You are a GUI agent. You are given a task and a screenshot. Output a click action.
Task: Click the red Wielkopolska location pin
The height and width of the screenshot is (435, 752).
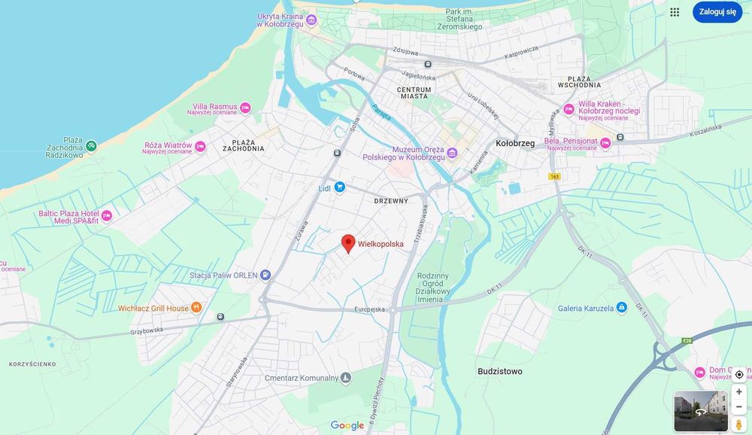tap(348, 243)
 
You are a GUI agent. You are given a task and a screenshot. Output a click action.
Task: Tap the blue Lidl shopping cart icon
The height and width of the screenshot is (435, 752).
tap(339, 187)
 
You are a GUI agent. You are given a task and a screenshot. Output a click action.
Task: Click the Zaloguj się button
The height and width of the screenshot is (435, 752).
tap(717, 12)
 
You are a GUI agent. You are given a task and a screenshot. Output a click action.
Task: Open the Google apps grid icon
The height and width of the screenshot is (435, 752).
tap(675, 12)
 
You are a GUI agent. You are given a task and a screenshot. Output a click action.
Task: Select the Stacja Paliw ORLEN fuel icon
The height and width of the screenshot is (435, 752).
tap(265, 275)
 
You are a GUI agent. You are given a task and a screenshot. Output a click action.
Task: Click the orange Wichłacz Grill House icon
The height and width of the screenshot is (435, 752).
tap(196, 307)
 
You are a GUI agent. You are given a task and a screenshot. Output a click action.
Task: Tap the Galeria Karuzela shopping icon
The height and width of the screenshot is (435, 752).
tap(621, 308)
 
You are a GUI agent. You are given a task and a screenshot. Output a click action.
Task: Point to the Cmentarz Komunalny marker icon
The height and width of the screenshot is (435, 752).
tap(346, 378)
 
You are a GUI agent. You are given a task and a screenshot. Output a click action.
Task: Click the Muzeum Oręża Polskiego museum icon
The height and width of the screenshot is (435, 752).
tap(452, 154)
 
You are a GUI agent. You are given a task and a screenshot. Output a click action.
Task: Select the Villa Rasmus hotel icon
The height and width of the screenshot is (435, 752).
tap(245, 109)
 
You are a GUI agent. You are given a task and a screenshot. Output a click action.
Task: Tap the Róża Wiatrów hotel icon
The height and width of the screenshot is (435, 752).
tap(200, 147)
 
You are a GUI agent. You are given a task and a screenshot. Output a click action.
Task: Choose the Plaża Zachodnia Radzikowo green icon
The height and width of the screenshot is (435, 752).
tap(91, 145)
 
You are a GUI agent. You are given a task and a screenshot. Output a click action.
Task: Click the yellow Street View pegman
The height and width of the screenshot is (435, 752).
tap(738, 424)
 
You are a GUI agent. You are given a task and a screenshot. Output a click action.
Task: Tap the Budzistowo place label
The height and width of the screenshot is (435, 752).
tap(499, 372)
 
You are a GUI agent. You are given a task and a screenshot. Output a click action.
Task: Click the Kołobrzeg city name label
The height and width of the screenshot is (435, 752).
tap(515, 143)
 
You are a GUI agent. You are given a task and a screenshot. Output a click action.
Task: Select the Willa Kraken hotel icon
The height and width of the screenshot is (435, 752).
tap(569, 109)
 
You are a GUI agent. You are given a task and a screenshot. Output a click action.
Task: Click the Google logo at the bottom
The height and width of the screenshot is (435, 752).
tap(347, 426)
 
